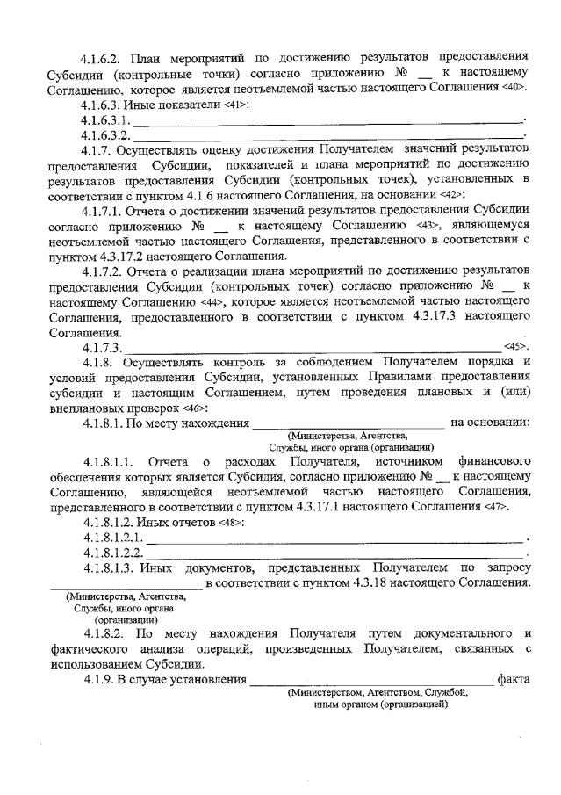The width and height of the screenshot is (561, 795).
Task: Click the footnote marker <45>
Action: tap(515, 348)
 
